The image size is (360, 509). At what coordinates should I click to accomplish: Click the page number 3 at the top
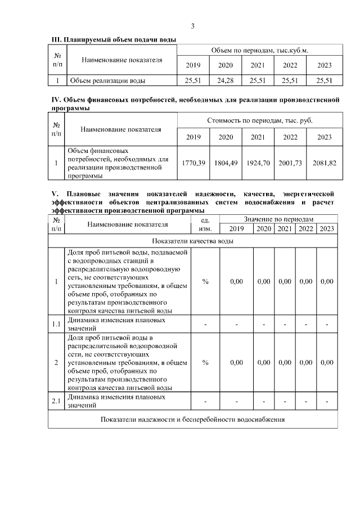click(x=193, y=26)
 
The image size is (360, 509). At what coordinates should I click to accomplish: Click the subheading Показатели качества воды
click(x=193, y=241)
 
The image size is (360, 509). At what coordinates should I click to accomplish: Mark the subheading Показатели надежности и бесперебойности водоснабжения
click(x=193, y=420)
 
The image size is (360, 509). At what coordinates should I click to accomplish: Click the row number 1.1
click(x=56, y=324)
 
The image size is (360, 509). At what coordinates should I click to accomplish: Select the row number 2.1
click(x=56, y=402)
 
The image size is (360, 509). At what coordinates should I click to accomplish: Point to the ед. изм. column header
click(x=205, y=223)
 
